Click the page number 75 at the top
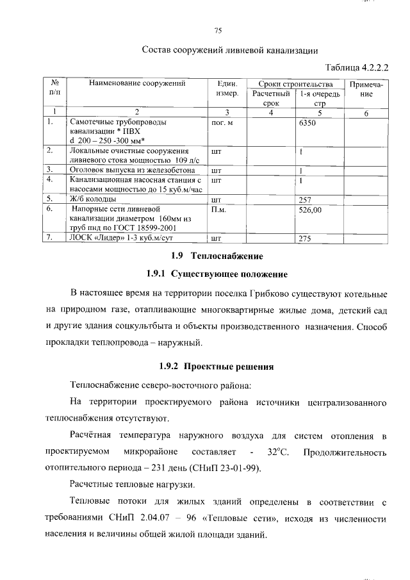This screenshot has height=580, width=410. click(x=217, y=30)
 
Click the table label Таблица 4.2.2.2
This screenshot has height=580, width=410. click(x=357, y=66)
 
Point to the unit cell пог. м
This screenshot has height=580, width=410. click(x=222, y=122)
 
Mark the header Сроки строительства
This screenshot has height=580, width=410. click(x=295, y=83)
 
